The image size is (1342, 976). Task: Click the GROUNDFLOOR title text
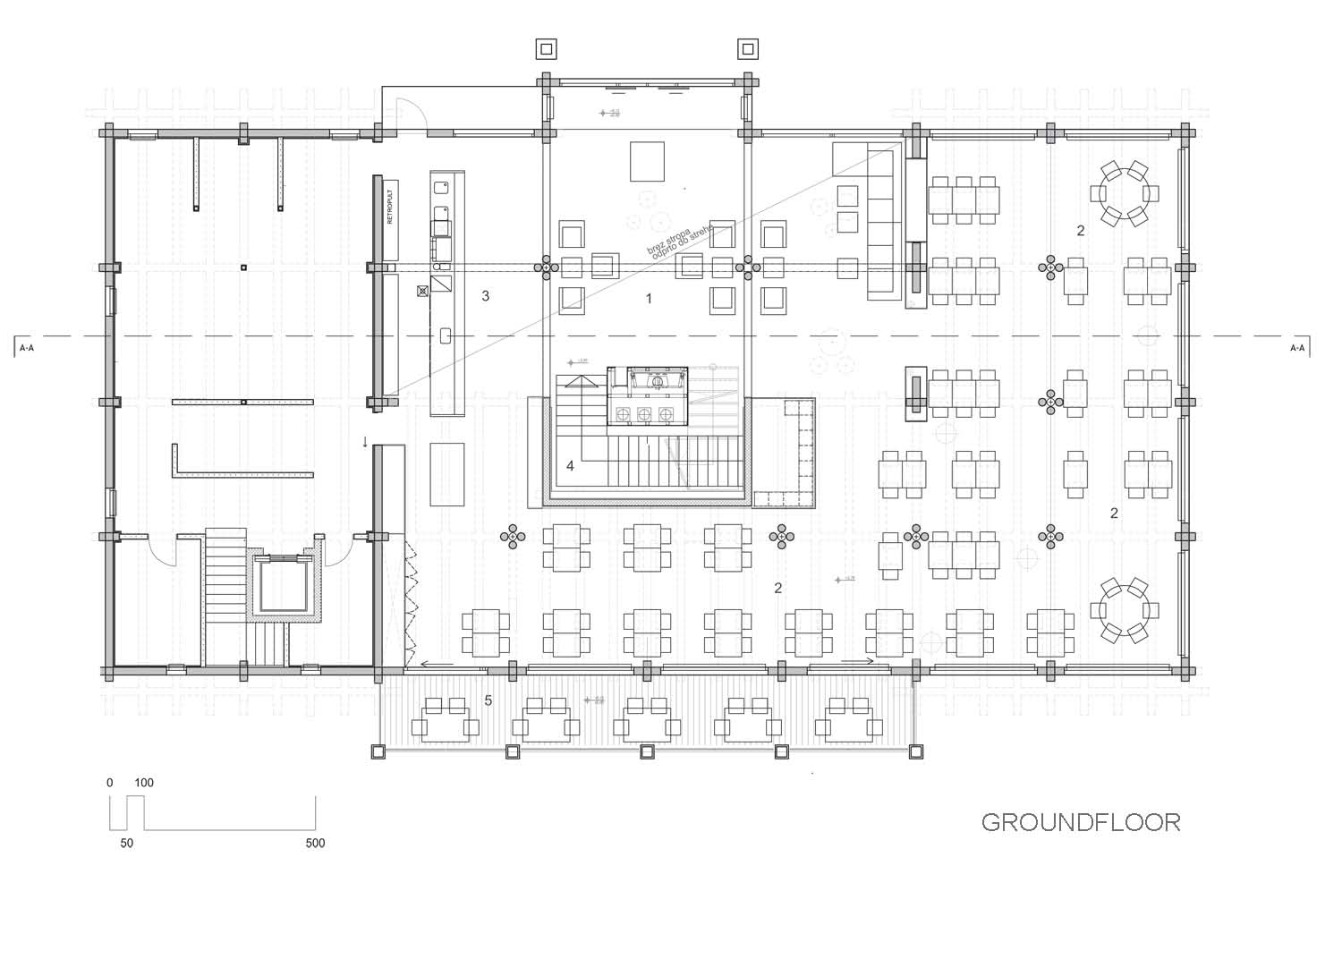(x=1081, y=822)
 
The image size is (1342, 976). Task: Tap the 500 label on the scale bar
(x=315, y=843)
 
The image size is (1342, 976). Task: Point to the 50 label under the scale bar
(x=126, y=843)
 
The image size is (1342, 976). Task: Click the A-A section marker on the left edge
(x=27, y=347)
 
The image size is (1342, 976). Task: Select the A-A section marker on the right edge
(x=1296, y=347)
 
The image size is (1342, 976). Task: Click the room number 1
(x=650, y=299)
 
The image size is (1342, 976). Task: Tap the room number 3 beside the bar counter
(x=486, y=295)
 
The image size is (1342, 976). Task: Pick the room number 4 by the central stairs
(x=570, y=466)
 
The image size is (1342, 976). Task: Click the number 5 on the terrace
(x=488, y=700)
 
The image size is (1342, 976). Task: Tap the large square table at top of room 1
(x=647, y=161)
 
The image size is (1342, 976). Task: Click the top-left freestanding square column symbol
(x=547, y=48)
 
